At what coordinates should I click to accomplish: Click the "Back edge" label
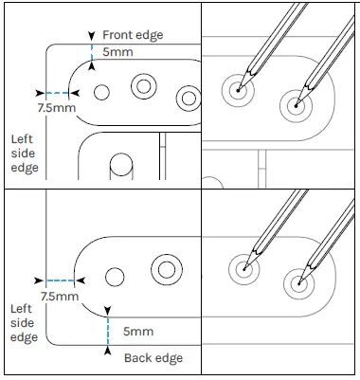(153, 358)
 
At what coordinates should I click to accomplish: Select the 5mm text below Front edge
(117, 51)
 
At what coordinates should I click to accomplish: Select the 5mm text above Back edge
(137, 331)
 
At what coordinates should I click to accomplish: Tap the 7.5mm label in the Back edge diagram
(59, 297)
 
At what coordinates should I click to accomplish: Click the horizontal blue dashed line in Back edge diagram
(61, 280)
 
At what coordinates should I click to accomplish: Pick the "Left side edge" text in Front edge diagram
(22, 152)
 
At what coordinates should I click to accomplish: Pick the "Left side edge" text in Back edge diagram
(23, 323)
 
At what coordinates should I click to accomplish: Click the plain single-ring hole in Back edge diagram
(115, 277)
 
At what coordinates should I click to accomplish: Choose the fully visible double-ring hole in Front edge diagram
(144, 87)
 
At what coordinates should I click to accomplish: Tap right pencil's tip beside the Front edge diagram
(297, 104)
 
